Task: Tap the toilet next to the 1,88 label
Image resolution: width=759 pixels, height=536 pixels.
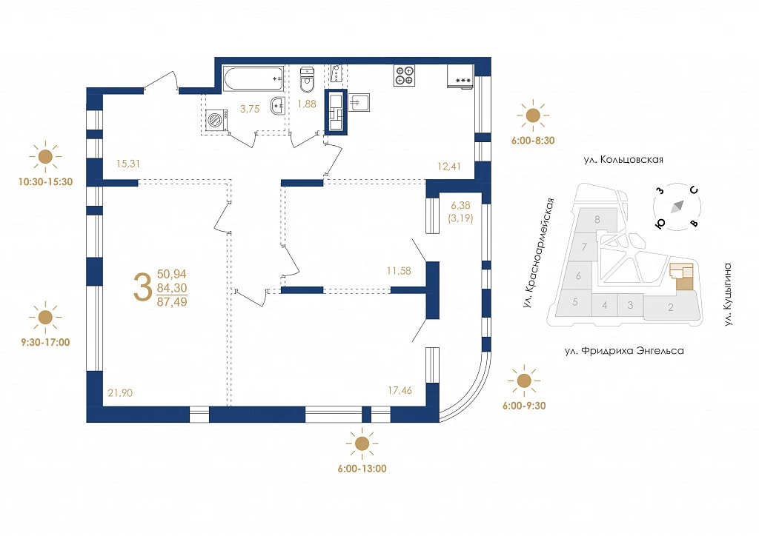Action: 307,80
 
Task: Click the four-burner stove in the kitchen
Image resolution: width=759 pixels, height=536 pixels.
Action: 404,76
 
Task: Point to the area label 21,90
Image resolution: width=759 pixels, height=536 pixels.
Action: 120,393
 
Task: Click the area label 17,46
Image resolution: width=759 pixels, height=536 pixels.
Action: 400,390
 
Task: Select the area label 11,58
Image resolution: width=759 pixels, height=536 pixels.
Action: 399,271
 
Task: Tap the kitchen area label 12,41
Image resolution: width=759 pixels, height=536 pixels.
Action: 448,167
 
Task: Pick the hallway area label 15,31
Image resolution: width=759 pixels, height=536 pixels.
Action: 127,164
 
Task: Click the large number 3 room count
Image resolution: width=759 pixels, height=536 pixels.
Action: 143,287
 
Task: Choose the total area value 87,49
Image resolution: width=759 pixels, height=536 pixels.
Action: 172,301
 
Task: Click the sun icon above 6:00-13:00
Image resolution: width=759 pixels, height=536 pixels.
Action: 362,443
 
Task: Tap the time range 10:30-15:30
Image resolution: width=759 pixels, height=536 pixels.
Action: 45,181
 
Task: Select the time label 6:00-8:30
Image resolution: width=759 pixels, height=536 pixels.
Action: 533,141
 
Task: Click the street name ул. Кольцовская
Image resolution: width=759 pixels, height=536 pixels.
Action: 623,159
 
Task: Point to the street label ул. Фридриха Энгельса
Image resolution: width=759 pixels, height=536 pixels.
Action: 624,351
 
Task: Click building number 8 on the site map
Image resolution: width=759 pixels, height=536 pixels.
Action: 597,219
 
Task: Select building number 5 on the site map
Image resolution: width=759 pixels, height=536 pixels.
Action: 575,302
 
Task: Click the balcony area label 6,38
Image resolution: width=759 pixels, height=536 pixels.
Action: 460,205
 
